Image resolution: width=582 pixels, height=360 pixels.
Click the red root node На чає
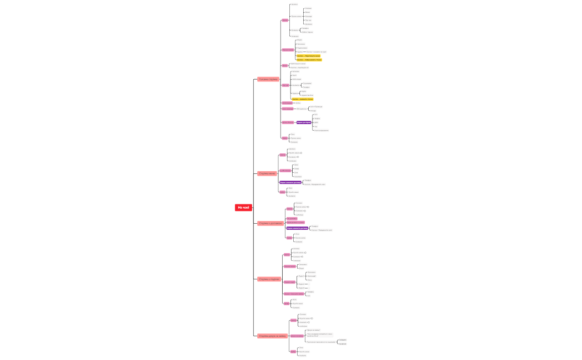[x=243, y=208]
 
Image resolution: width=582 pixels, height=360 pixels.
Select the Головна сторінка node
[x=268, y=79]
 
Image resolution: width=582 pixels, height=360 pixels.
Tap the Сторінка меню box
[x=267, y=173]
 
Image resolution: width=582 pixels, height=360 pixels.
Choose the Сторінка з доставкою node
[x=270, y=223]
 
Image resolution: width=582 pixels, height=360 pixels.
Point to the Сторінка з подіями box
[x=269, y=279]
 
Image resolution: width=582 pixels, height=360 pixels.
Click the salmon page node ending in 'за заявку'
[x=272, y=336]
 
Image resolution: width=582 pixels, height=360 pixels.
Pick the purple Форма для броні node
[x=304, y=122]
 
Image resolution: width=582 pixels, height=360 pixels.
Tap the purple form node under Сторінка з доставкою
[x=297, y=228]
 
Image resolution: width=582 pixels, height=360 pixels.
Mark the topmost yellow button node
[x=308, y=56]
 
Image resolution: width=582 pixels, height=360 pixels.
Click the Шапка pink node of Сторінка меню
[x=283, y=155]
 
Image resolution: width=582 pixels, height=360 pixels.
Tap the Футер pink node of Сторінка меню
[x=282, y=192]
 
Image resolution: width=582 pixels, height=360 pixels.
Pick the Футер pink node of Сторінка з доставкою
[x=289, y=238]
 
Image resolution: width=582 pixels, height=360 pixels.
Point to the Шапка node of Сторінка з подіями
[x=287, y=255]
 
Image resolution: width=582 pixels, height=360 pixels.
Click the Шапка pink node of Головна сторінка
[x=285, y=20]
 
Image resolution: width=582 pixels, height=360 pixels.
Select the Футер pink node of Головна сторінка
[x=285, y=138]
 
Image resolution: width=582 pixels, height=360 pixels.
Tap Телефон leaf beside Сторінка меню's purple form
[x=308, y=180]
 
